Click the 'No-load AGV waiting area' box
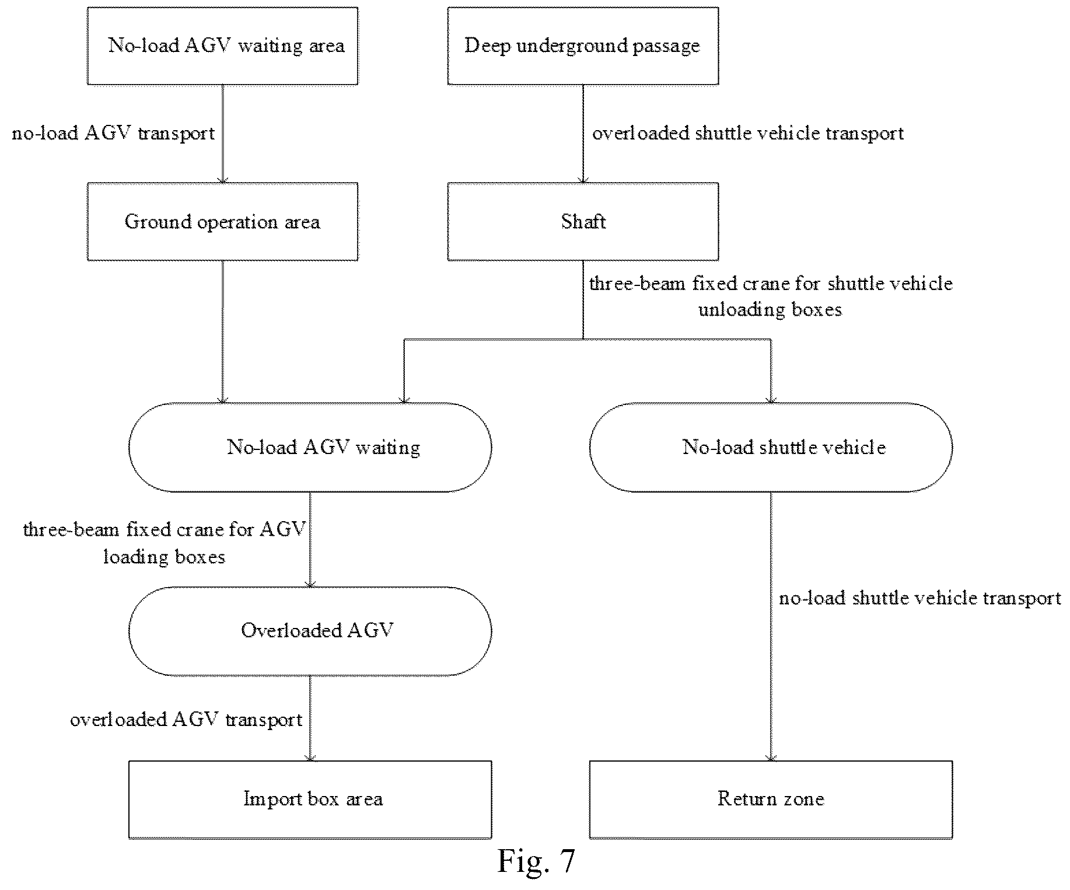click(222, 46)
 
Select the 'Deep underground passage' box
click(583, 46)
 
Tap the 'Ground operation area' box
click(222, 221)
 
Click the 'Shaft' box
click(583, 221)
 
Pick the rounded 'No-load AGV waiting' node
click(310, 447)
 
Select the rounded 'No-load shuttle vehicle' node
click(771, 447)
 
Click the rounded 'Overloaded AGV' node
click(310, 631)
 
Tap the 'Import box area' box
click(310, 800)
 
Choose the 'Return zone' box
click(771, 800)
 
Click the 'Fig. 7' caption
click(536, 861)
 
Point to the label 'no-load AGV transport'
click(114, 134)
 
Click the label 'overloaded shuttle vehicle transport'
click(748, 134)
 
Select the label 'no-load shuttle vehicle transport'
click(920, 598)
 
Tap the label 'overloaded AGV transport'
click(186, 720)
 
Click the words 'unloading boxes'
click(770, 309)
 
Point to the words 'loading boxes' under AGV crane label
click(165, 557)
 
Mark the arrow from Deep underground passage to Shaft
click(583, 134)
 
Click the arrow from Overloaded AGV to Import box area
click(310, 718)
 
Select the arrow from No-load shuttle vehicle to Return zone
click(771, 626)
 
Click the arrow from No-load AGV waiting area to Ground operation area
click(222, 134)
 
